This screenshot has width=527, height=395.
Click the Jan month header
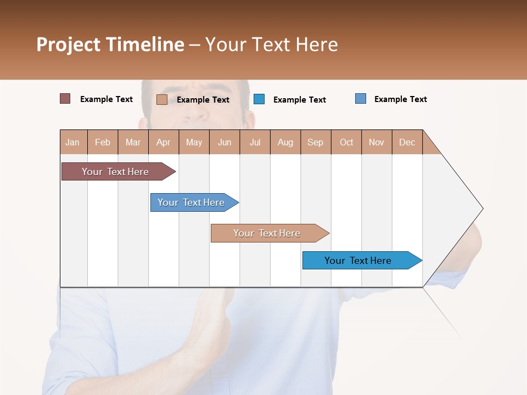(x=73, y=142)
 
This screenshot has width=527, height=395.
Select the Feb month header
(x=103, y=142)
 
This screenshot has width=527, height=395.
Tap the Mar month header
(x=133, y=142)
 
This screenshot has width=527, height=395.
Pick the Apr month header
(x=164, y=142)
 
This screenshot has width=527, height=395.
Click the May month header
(x=194, y=142)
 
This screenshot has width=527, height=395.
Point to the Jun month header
(x=225, y=142)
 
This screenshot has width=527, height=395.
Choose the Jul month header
(x=255, y=142)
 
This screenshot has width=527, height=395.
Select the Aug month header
(x=285, y=142)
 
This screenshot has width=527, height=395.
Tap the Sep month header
(x=316, y=142)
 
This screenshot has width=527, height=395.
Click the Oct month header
(x=346, y=142)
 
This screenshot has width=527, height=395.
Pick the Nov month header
(x=377, y=142)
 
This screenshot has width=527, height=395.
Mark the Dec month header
(x=407, y=142)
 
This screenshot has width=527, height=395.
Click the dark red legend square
(x=65, y=99)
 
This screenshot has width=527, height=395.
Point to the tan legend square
(x=162, y=99)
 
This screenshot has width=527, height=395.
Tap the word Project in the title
(x=68, y=44)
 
